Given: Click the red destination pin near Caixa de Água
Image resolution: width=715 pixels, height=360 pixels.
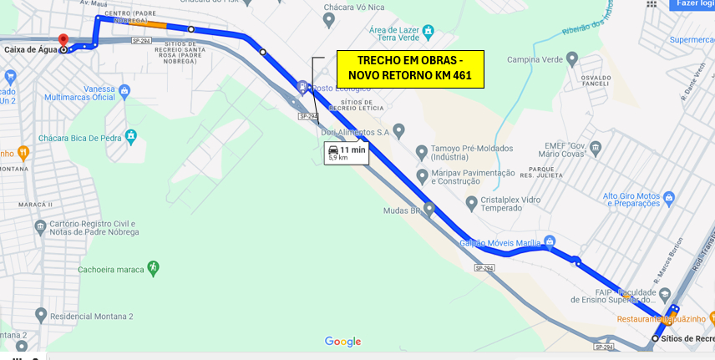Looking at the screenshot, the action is point(63,40).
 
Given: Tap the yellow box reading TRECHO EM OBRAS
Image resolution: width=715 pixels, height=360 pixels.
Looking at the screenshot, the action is point(410,68).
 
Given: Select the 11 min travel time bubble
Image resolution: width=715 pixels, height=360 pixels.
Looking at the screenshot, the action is point(346,153).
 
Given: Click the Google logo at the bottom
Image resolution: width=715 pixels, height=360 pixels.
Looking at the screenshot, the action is point(342,341).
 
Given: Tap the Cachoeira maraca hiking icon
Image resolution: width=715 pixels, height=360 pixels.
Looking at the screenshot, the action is point(153,267).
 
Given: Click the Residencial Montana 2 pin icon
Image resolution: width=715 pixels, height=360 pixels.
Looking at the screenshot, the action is point(41,315).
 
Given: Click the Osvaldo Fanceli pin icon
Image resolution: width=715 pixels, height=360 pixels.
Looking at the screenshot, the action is point(572,58).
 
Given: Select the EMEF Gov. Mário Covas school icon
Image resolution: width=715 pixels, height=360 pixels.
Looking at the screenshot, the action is point(596,149).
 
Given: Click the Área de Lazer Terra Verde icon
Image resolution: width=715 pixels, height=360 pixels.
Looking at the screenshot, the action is point(428,32).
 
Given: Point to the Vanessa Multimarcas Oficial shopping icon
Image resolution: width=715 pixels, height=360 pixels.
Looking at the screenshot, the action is point(124,90).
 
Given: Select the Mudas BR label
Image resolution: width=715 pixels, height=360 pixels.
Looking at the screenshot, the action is point(400,211).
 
